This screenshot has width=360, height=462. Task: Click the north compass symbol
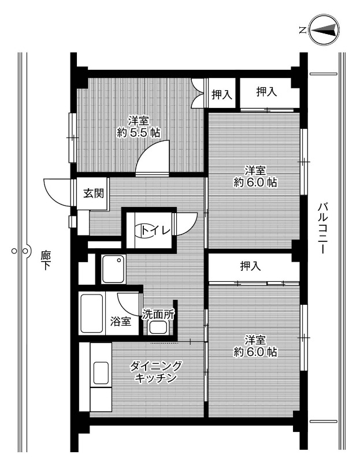tap(324, 30)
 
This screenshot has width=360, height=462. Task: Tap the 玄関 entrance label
tap(94, 193)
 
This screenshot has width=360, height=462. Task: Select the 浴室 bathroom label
tap(121, 321)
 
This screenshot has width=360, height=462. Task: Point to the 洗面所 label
tap(158, 314)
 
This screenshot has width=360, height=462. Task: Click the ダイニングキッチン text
tap(156, 372)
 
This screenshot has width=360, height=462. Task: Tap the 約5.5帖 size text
tap(138, 133)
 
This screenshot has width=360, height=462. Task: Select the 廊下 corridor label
tap(46, 260)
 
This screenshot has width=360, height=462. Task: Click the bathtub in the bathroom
tap(92, 314)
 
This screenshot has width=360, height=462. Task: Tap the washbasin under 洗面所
tap(158, 327)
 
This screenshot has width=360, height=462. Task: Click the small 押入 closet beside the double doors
tap(222, 94)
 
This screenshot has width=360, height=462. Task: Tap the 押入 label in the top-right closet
tap(266, 92)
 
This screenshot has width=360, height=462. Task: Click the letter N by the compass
tap(302, 30)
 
